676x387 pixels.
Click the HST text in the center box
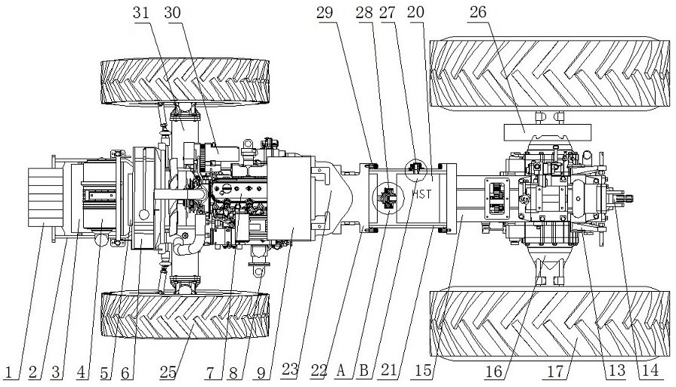point(421,193)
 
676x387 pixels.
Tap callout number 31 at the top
point(141,12)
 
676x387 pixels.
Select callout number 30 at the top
point(172,12)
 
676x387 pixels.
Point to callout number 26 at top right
point(477,12)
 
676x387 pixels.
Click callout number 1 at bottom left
point(8,372)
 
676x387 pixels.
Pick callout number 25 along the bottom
point(168,372)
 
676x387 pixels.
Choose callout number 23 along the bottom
point(290,370)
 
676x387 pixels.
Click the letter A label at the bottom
point(341,370)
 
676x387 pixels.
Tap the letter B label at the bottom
point(363,370)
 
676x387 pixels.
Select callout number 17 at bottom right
point(555,371)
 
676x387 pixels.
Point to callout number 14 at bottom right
point(650,370)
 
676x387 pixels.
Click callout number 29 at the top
point(325,12)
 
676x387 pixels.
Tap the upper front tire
point(185,82)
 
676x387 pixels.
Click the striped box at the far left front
point(45,197)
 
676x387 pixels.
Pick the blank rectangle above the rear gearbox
point(547,132)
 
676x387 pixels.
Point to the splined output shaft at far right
point(625,199)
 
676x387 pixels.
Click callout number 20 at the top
point(415,12)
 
